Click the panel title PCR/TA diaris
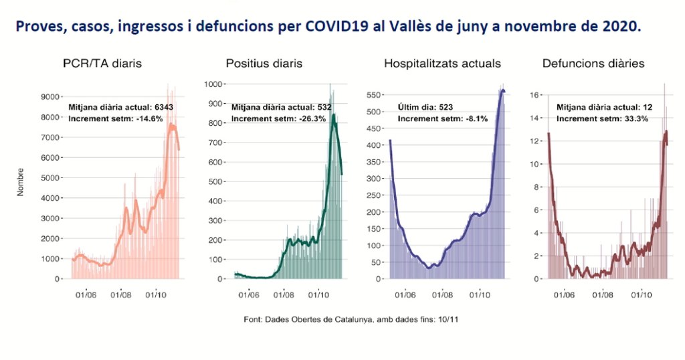tap(102, 64)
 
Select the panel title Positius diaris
tap(264, 64)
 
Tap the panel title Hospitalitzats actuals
tap(442, 64)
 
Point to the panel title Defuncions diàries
tap(593, 64)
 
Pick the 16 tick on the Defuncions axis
tap(534, 95)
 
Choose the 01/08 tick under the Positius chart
tap(283, 292)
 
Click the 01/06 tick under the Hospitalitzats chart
tap(405, 292)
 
